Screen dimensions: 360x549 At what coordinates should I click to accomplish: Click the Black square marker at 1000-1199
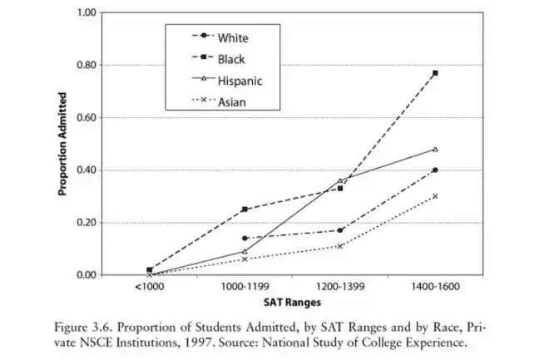coord(245,210)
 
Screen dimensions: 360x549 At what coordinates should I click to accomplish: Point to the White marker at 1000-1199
coord(245,239)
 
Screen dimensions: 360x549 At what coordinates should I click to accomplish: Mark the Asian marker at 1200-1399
coord(340,246)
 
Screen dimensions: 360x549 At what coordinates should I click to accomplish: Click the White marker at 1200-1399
coord(340,230)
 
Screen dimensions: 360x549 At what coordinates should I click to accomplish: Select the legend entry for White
coord(232,37)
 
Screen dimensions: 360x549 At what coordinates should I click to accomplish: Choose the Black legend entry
coord(230,59)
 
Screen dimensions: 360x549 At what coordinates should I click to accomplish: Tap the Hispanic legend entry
coord(240,81)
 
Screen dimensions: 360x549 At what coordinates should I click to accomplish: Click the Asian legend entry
coord(230,102)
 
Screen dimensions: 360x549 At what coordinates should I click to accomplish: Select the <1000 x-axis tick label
coord(149,287)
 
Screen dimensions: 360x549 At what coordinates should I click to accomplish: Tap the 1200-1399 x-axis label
coord(340,287)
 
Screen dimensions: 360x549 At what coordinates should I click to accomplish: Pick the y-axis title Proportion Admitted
coord(62,145)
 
